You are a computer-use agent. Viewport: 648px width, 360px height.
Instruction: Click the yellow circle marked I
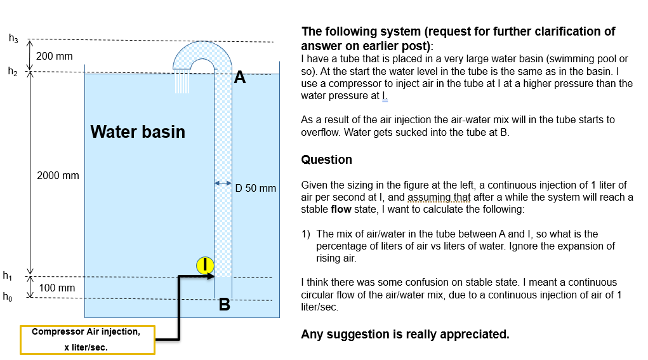pos(205,265)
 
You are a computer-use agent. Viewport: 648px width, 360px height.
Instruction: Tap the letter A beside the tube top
pos(239,77)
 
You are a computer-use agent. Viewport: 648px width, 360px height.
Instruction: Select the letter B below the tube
pos(224,305)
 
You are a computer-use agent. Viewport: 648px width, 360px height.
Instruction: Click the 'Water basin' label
pos(138,131)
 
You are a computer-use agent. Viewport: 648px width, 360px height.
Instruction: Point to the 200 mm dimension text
pos(55,56)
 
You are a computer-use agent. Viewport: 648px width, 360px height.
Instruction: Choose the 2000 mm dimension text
pos(58,175)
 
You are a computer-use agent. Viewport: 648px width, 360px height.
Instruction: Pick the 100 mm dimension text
pos(57,288)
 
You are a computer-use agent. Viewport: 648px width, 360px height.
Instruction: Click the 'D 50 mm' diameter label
pos(256,188)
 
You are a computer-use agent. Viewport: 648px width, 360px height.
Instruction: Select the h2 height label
pos(13,71)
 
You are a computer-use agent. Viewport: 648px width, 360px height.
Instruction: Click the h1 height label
pos(8,276)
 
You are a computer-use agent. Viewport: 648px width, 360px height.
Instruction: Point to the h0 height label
pos(8,296)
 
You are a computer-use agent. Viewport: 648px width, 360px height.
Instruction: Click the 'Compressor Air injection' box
pos(88,340)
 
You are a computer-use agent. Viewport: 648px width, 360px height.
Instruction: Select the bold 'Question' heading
pos(326,159)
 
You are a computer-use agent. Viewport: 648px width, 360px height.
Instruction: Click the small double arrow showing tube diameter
pos(223,183)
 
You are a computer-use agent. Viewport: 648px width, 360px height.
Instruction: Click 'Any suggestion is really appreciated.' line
pos(405,334)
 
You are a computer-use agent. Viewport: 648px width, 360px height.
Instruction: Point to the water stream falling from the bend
pos(182,83)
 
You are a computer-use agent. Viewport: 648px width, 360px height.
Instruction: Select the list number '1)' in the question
pos(306,234)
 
